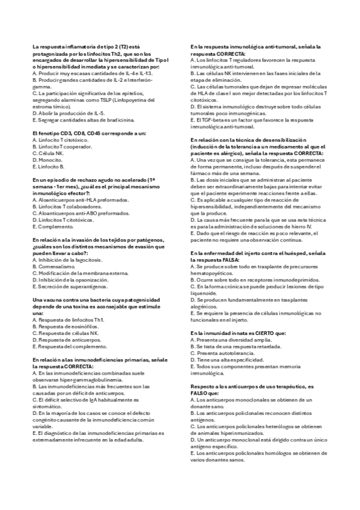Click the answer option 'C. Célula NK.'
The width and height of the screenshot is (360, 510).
point(50,153)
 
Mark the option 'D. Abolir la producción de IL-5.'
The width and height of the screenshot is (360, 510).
point(68,112)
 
